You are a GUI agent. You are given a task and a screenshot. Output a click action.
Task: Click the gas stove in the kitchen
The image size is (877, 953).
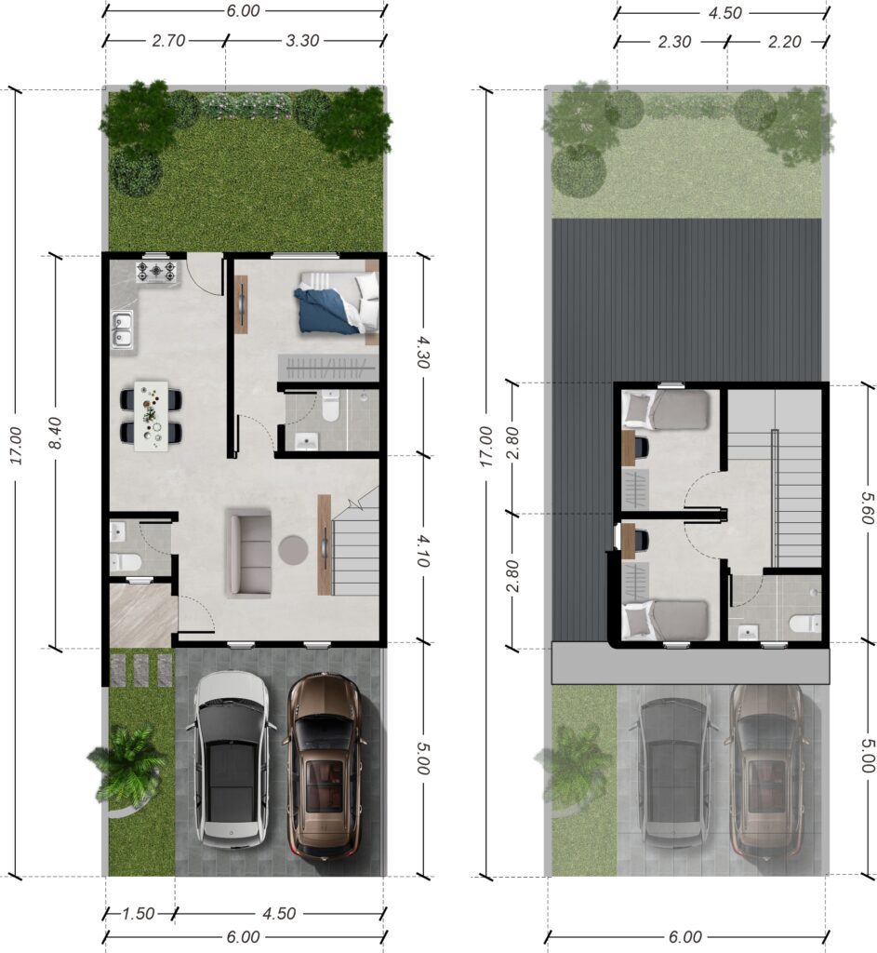click(x=156, y=271)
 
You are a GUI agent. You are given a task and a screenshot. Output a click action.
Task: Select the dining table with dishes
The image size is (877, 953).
click(x=152, y=416)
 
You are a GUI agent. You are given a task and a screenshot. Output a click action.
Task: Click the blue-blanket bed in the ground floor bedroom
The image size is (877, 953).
click(x=337, y=302)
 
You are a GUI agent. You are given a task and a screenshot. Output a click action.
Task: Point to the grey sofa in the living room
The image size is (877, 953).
click(x=249, y=553)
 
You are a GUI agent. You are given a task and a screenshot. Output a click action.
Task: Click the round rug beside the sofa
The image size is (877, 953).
click(x=293, y=549)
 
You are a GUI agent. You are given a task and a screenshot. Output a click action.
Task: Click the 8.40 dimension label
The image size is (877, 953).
click(x=55, y=433)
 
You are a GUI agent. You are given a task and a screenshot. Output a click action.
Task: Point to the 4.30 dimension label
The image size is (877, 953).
click(x=423, y=353)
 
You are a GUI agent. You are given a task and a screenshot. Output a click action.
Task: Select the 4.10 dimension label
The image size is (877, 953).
click(x=423, y=551)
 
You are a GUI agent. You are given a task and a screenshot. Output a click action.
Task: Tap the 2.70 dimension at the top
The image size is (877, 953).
click(x=168, y=41)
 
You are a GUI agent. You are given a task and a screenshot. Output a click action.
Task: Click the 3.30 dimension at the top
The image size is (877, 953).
click(x=302, y=41)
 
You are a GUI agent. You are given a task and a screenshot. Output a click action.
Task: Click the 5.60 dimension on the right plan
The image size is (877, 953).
click(x=867, y=508)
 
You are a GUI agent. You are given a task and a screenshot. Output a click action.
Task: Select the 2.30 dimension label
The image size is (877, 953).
click(x=674, y=42)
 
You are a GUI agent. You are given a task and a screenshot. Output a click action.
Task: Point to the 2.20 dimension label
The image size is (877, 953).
click(x=784, y=42)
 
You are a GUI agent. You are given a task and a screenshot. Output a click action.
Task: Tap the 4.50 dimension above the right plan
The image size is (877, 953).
click(x=724, y=13)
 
